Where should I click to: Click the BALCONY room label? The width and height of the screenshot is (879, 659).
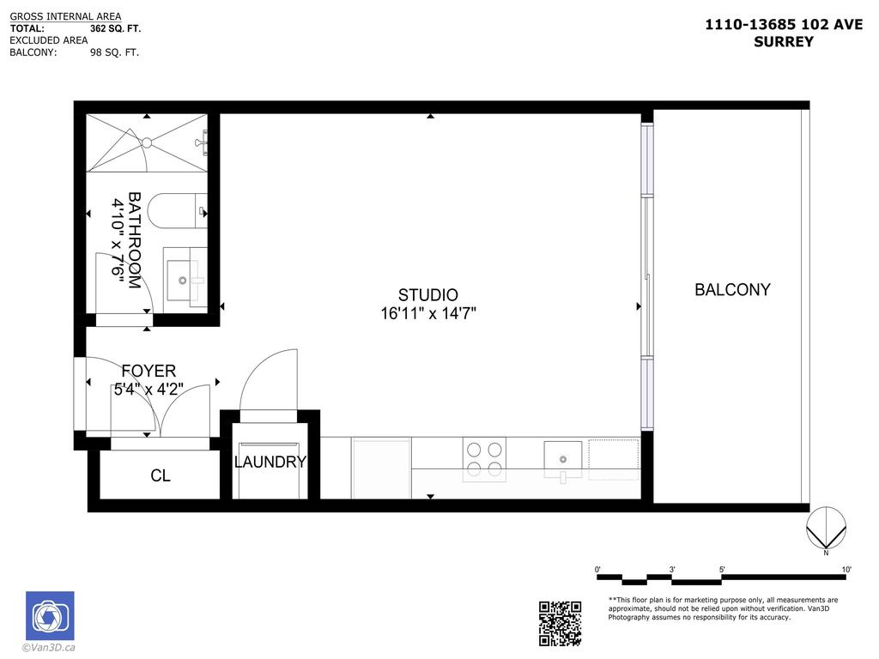click(x=732, y=290)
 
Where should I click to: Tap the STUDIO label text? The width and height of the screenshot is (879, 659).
click(x=427, y=295)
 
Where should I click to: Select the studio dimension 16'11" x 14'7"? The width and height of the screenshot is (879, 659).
click(x=428, y=314)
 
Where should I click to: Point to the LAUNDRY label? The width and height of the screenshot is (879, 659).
click(x=270, y=463)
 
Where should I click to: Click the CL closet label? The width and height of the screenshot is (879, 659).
click(x=161, y=475)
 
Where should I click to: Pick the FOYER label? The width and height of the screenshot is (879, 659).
click(x=149, y=372)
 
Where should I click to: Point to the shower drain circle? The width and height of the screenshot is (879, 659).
click(x=146, y=142)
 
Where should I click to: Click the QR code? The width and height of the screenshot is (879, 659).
click(x=560, y=623)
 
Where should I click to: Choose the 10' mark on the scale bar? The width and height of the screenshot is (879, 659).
click(x=846, y=570)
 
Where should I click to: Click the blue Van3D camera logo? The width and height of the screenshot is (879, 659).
click(x=50, y=615)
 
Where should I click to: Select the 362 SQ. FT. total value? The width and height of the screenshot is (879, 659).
click(x=115, y=28)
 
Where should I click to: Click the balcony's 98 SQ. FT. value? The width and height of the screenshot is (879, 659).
click(x=114, y=52)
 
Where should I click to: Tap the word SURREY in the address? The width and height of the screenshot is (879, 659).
click(x=783, y=41)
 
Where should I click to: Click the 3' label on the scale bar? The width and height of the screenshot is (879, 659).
click(x=672, y=570)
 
